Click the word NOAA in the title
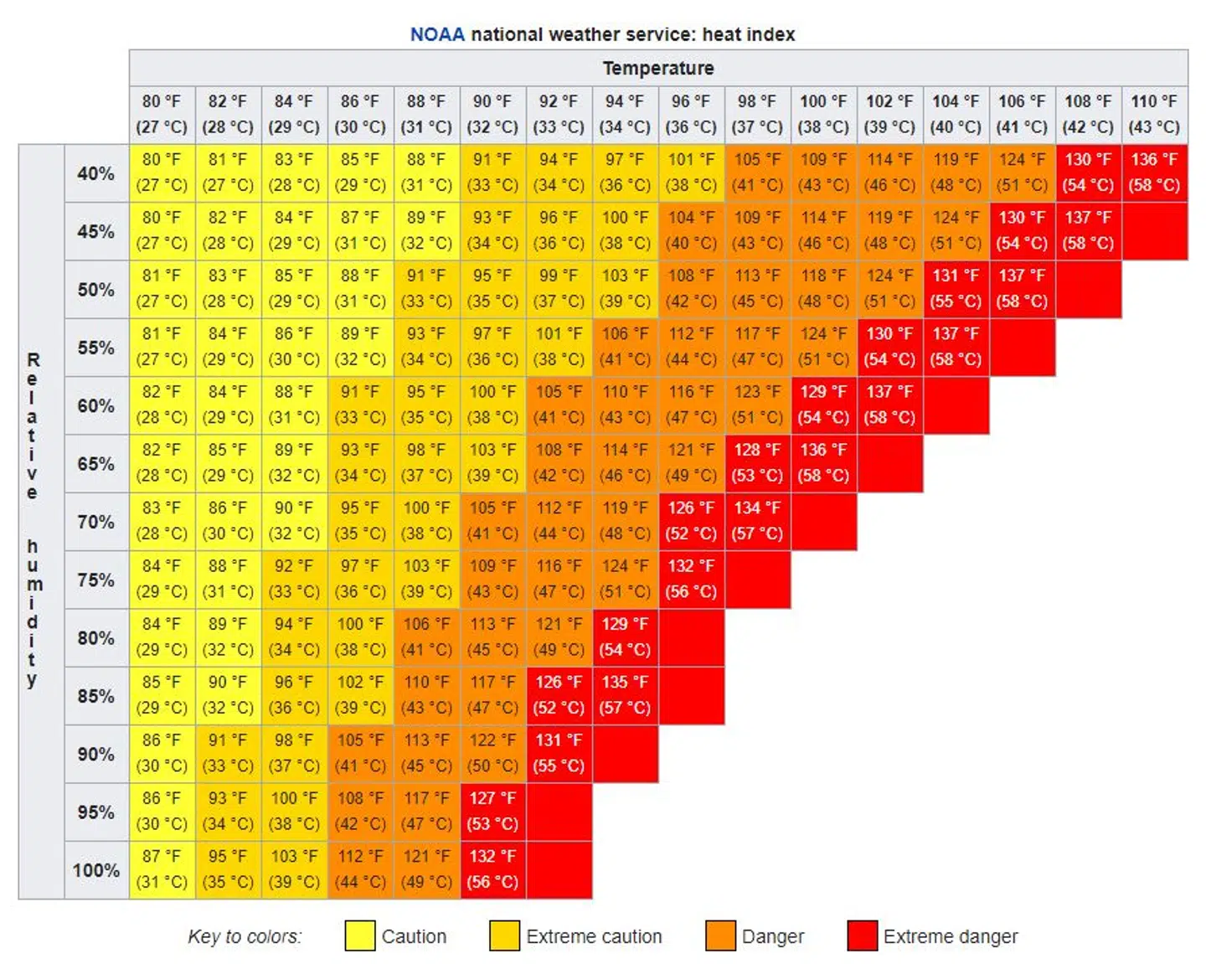tap(436, 34)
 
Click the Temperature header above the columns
tap(658, 68)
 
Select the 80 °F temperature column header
tap(162, 113)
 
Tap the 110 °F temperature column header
tap(1154, 113)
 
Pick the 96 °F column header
tap(691, 113)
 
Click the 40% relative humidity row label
tap(96, 173)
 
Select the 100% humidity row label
tap(96, 870)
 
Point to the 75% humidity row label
tap(96, 580)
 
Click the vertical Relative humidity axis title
tap(33, 519)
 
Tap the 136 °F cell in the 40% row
tap(1154, 172)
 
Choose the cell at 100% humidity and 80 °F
tap(162, 869)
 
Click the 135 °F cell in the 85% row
tap(625, 694)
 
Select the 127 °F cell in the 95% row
tap(492, 811)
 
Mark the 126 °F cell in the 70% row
tap(691, 520)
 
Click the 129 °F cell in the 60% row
tap(823, 404)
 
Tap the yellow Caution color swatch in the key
tap(360, 936)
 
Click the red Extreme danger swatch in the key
tap(862, 936)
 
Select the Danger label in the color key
tap(772, 936)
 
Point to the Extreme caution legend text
tap(594, 936)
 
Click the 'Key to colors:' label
tap(245, 936)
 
